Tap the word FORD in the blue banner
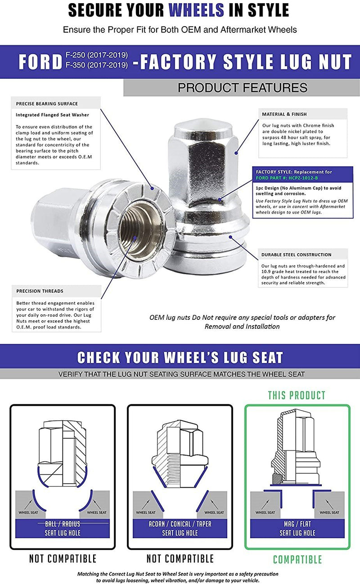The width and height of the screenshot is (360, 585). pos(40,62)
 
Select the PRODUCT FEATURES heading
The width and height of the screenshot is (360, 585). pos(242,87)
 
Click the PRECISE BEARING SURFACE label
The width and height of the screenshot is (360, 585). pos(47,104)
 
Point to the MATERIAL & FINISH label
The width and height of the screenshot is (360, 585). pos(284,114)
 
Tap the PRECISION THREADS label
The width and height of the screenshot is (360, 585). pos(40,291)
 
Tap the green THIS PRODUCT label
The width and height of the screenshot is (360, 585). pos(297,395)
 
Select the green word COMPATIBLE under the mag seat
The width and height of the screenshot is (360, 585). pos(297,560)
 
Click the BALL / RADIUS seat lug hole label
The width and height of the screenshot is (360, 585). pos(63,528)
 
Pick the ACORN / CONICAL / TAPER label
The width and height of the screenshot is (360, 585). pos(180,524)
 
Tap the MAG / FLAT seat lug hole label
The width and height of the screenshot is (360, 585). pos(297,528)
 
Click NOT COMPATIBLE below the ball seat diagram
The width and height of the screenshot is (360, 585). pos(63,559)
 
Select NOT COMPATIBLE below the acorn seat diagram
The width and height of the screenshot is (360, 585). pos(180,559)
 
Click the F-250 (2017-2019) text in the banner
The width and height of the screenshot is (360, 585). pos(103,55)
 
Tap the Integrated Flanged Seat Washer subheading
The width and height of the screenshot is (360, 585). pos(52,115)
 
